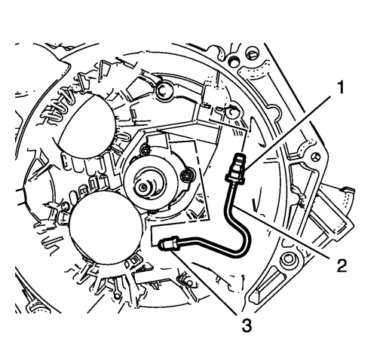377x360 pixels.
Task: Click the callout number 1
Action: pyautogui.click(x=340, y=88)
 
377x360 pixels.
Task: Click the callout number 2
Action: pyautogui.click(x=341, y=266)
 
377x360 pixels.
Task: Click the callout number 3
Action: pyautogui.click(x=247, y=325)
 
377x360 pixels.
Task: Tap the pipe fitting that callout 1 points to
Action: pyautogui.click(x=236, y=167)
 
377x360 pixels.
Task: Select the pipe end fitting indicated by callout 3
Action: pyautogui.click(x=168, y=244)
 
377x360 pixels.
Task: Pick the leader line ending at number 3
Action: pyautogui.click(x=204, y=282)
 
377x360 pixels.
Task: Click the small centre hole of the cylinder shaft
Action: pyautogui.click(x=143, y=187)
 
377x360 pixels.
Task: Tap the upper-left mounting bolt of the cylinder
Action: pyautogui.click(x=145, y=150)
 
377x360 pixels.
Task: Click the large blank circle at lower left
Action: pyautogui.click(x=106, y=227)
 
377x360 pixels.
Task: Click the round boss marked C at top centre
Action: pyautogui.click(x=164, y=93)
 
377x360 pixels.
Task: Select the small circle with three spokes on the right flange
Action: pyautogui.click(x=316, y=158)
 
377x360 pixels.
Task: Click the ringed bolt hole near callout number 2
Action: pyautogui.click(x=289, y=261)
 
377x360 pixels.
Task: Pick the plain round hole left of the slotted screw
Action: pyautogui.click(x=234, y=61)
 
